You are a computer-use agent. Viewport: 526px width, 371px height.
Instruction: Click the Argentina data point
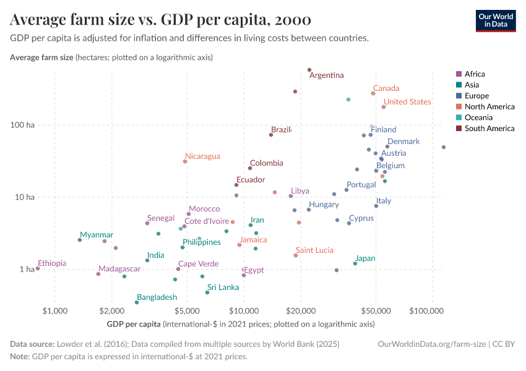point(309,70)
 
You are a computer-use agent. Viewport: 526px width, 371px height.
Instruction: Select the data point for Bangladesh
point(137,302)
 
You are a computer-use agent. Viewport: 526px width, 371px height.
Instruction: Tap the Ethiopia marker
point(38,268)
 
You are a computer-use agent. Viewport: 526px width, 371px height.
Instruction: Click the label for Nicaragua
point(202,156)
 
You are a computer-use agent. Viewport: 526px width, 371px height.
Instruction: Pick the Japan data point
point(355,263)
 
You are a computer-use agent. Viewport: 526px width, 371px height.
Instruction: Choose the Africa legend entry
point(474,74)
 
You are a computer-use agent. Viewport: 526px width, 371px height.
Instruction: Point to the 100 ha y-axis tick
point(23,125)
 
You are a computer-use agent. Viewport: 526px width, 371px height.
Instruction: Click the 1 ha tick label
point(26,270)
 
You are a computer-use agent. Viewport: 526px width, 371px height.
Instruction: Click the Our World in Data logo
point(496,20)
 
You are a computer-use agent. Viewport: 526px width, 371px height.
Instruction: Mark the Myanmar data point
point(80,240)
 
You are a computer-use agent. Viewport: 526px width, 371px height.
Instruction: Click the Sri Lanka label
point(223,288)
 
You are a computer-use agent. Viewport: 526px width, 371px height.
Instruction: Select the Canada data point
point(373,93)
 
